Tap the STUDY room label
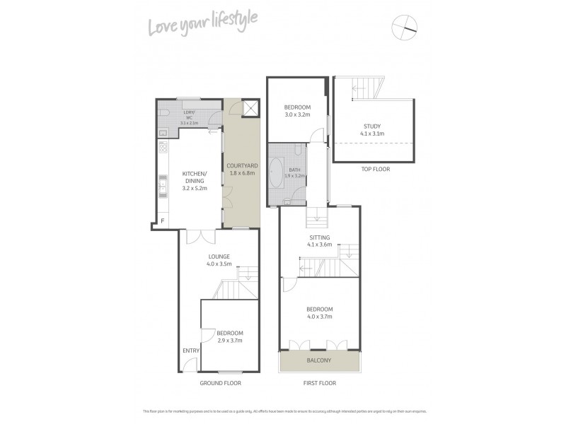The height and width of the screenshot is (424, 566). click(372, 126)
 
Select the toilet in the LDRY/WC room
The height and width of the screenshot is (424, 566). click(163, 113)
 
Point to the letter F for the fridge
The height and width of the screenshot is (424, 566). click(163, 222)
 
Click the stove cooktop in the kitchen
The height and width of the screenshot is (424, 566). click(162, 149)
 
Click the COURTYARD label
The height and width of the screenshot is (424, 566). click(242, 165)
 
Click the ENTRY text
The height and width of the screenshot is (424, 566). click(191, 351)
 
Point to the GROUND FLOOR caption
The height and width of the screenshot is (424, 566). click(220, 383)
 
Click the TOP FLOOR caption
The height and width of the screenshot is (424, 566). click(375, 169)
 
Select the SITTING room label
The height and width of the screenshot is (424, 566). click(320, 237)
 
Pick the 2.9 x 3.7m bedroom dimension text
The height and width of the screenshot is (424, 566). click(229, 340)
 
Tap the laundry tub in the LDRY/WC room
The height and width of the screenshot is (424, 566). click(162, 132)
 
